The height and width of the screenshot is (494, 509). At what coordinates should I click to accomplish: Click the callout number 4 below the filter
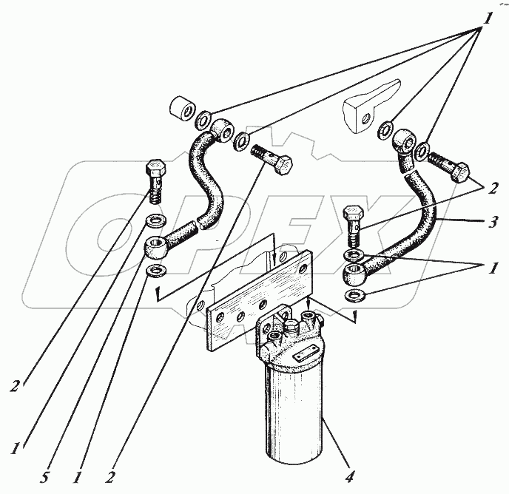[349, 476]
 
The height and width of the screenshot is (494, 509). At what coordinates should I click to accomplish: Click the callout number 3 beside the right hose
[493, 223]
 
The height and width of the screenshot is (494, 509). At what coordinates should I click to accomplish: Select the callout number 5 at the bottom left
[44, 477]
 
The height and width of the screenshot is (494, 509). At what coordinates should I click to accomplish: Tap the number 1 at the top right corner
[487, 18]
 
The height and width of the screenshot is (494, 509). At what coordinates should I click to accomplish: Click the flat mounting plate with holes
[260, 300]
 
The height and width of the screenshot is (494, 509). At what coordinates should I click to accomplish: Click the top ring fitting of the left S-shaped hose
[223, 130]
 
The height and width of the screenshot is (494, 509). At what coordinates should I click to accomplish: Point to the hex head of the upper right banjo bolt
[460, 173]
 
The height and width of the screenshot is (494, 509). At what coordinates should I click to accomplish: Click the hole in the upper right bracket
[365, 118]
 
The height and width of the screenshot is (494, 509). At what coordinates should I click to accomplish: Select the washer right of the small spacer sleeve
[204, 121]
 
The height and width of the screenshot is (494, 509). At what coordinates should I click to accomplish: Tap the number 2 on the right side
[493, 189]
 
